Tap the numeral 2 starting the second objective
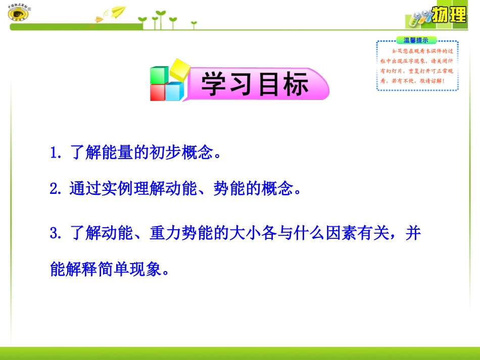point(54,190)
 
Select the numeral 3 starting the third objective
point(54,234)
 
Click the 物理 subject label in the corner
point(449,15)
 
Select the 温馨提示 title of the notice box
point(416,40)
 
